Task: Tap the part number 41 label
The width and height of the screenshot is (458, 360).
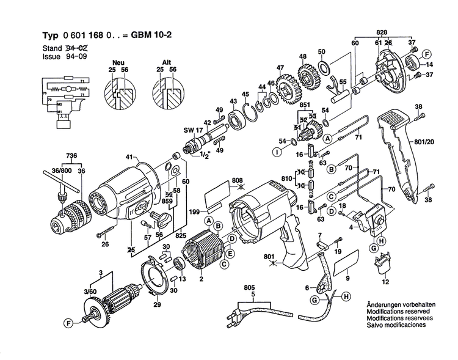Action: [x=129, y=158]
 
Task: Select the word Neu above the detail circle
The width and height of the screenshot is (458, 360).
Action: [x=118, y=63]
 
